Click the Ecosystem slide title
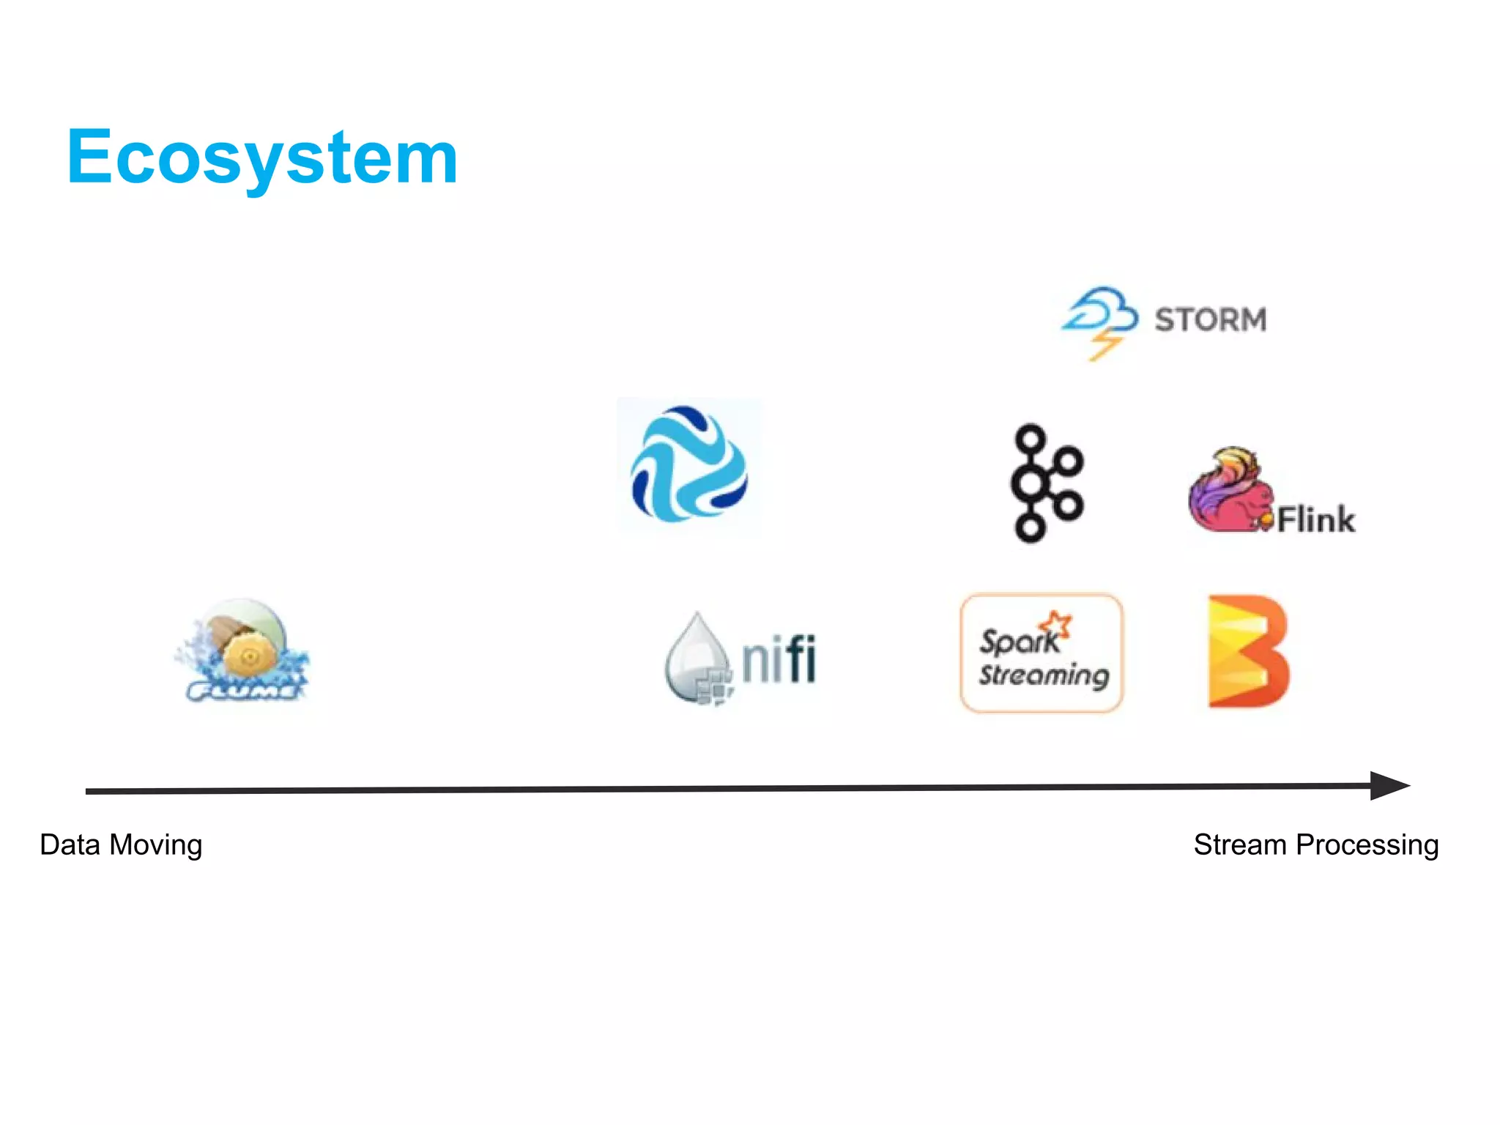click(261, 157)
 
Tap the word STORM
click(1210, 320)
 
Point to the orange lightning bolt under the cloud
click(1104, 347)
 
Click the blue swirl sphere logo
click(688, 464)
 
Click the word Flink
click(1315, 520)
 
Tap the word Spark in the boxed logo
click(1018, 642)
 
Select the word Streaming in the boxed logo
click(1044, 675)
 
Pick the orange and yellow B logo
click(1247, 652)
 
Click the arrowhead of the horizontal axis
click(1388, 786)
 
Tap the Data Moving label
click(121, 844)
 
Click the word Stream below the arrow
click(1239, 844)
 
